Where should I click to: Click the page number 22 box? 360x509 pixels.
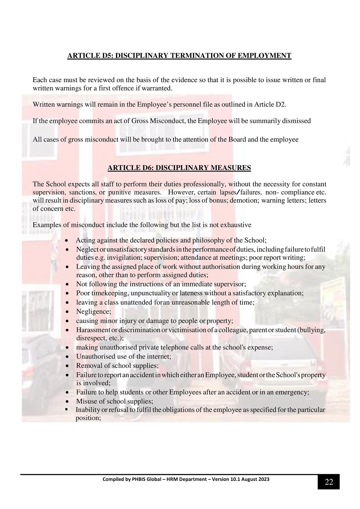coord(329,482)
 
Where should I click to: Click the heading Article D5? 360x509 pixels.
coord(179,56)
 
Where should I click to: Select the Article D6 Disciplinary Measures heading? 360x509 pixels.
coord(179,168)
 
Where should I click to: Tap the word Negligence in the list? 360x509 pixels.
coord(93,311)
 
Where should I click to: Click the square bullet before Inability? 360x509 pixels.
coord(66,409)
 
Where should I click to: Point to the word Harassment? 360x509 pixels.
coord(92,330)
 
